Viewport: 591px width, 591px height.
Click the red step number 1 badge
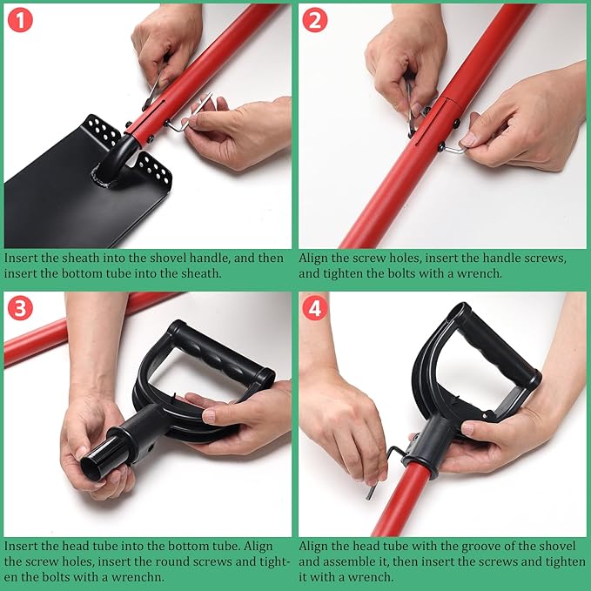coord(20,20)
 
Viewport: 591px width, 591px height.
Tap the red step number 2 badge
coord(315,20)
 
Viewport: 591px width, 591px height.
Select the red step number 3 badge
coord(20,308)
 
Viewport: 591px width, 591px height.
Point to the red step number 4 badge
coord(315,308)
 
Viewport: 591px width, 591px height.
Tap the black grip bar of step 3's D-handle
coord(222,354)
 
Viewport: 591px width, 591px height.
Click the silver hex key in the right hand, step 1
coord(189,113)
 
